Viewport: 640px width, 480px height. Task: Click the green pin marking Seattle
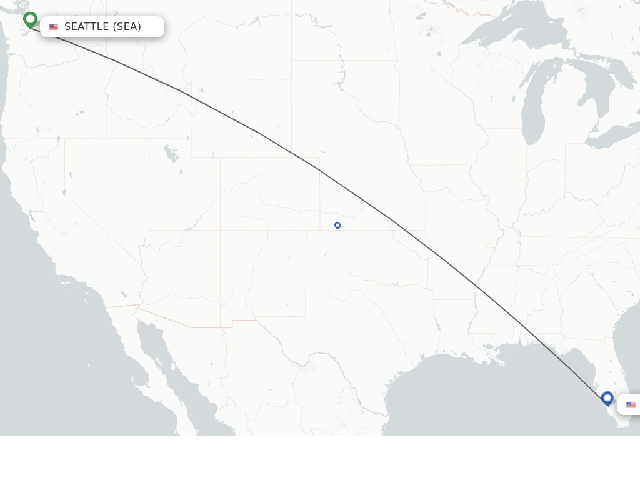tap(30, 19)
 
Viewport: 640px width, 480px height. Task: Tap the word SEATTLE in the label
tap(87, 27)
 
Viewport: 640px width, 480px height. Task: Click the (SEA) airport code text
tap(127, 27)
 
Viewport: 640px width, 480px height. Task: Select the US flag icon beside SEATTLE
tap(54, 27)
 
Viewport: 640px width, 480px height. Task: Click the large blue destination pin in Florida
tap(607, 397)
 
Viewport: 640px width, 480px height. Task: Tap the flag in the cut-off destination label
tap(631, 405)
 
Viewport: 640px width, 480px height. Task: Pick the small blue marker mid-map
tap(337, 225)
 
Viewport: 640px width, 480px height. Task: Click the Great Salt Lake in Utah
tap(169, 152)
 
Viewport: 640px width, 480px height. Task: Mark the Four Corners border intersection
tap(221, 230)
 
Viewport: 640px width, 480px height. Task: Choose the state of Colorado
tap(262, 194)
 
